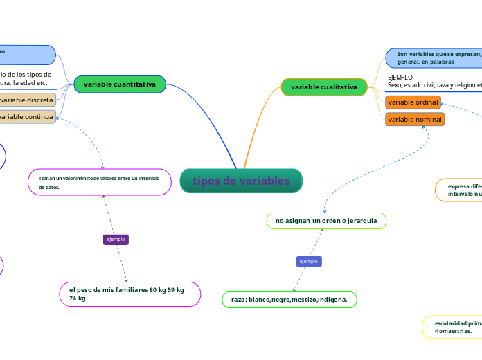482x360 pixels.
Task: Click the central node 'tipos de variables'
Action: [241, 181]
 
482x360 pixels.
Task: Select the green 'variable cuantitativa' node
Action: [120, 84]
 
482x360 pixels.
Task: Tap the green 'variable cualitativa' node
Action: [324, 87]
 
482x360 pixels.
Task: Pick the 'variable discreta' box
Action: [28, 100]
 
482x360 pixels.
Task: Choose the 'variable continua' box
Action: [28, 116]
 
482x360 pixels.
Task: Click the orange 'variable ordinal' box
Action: [413, 102]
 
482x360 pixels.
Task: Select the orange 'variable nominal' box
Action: [414, 119]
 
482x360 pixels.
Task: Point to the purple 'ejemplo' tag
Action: [116, 239]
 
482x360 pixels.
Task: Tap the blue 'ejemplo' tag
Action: [308, 261]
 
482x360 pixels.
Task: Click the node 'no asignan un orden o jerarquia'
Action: [326, 220]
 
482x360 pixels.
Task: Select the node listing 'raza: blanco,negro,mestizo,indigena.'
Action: [289, 299]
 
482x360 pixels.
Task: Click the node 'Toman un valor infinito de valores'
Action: [100, 182]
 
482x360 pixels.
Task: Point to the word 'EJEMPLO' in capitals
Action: [400, 77]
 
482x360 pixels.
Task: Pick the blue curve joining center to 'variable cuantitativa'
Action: [215, 118]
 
